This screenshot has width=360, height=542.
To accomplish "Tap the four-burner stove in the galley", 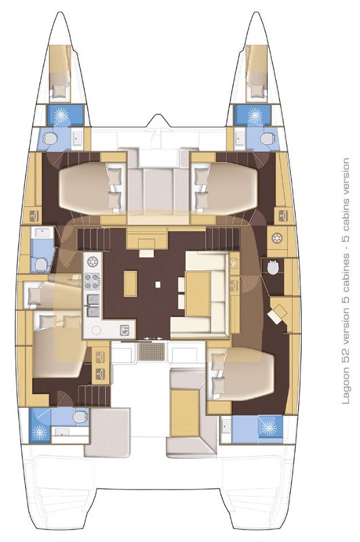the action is [x=93, y=281].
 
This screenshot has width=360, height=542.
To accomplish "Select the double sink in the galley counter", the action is [x=93, y=306].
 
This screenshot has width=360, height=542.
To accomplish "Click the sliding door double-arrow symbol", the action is [x=152, y=338].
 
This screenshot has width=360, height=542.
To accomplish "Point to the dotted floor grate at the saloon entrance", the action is [x=152, y=351].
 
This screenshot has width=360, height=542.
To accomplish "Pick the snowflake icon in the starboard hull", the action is [x=277, y=238].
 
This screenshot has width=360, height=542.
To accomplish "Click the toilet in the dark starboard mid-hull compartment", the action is [x=273, y=266].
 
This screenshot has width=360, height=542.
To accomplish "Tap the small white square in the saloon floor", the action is [x=158, y=285].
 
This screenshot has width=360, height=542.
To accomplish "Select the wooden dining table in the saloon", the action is [x=198, y=294].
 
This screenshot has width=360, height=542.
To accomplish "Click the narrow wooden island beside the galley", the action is [x=130, y=283].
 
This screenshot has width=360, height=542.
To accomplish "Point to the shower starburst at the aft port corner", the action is [x=40, y=432].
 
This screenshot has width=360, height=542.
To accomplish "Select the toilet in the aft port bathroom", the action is [x=81, y=417].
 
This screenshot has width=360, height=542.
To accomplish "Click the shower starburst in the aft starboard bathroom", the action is [x=269, y=429].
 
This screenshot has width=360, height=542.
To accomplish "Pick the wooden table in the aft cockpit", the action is [x=185, y=411].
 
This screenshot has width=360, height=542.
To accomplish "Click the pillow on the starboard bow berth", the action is [x=257, y=91].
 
